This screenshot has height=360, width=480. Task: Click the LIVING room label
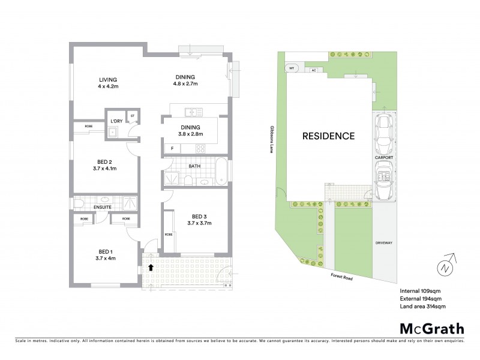pos(108,79)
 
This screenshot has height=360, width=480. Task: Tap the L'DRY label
pos(116,121)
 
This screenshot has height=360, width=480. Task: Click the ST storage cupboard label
pos(132,115)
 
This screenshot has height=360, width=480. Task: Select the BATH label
pos(194,166)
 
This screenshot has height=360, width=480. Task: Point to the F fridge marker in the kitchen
pos(172,148)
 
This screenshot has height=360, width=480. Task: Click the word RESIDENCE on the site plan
pos(328,136)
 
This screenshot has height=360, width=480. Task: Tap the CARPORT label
pos(384,157)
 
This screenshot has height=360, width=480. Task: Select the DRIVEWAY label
pos(383,243)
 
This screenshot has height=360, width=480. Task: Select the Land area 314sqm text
pos(423,306)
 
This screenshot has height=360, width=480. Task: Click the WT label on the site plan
pos(292,68)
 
